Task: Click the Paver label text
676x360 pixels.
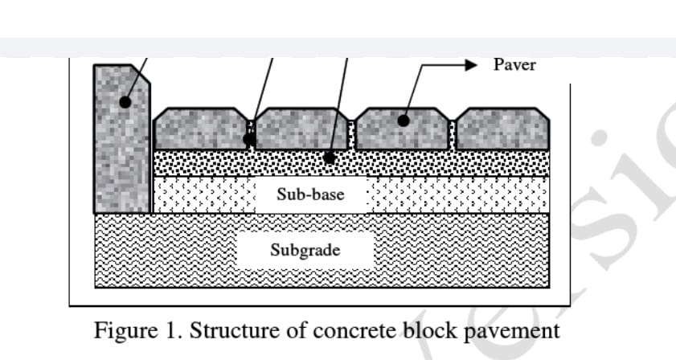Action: [514, 65]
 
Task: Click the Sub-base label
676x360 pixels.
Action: [309, 194]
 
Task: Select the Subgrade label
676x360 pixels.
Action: [305, 250]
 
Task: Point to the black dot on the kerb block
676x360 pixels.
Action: [125, 102]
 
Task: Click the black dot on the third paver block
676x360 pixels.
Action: [404, 121]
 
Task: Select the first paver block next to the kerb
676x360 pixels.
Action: [199, 129]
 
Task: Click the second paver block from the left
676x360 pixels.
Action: [300, 129]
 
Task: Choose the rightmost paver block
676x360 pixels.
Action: [502, 129]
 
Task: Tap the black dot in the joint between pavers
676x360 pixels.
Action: [250, 139]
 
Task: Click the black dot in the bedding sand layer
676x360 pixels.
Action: [330, 157]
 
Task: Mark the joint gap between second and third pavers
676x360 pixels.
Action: [352, 134]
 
